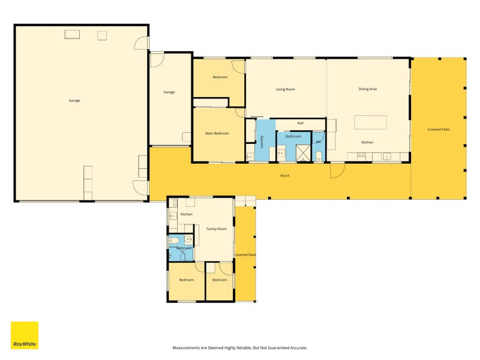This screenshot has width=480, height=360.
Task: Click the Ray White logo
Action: coord(25,335)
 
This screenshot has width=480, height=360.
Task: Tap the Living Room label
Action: coord(286,89)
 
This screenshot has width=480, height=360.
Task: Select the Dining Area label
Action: coord(367,89)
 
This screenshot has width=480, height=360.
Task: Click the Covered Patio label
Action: coord(439,130)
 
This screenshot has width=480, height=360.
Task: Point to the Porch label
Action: coord(284,176)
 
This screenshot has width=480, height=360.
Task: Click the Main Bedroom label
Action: coord(217,133)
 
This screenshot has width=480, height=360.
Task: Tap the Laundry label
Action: coord(262,142)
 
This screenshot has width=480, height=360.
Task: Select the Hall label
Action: coord(301,123)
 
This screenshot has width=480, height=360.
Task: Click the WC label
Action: coord(319,142)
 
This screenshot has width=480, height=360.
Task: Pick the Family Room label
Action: coord(217,229)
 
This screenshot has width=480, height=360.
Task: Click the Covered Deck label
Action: coord(245,254)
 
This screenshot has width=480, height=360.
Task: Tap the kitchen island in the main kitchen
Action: coord(370,122)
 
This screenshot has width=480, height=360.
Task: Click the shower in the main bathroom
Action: coord(303,153)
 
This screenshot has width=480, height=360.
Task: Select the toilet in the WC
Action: coord(319,156)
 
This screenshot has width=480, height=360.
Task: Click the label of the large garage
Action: coord(74,100)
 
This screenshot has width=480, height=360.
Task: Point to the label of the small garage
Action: coord(169,92)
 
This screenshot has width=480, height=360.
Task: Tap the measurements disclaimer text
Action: coord(239,348)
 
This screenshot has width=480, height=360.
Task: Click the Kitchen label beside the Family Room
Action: coord(186,214)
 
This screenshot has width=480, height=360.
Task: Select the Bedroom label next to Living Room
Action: coord(220,77)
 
